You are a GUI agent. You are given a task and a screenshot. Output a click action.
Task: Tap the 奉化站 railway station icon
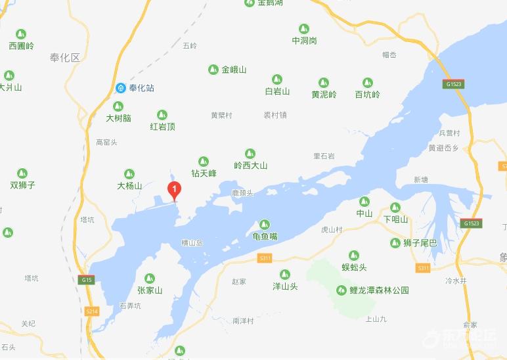click(121, 88)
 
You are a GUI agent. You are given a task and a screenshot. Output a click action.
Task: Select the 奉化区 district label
click(64, 58)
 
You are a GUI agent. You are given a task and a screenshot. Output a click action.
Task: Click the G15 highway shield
click(87, 280)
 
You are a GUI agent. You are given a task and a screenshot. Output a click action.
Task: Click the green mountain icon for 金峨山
click(213, 70)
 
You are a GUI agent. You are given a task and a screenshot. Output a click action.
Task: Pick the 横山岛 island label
click(192, 243)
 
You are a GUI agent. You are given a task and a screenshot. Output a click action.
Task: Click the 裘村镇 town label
click(275, 115)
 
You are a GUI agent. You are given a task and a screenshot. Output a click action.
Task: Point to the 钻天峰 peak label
click(204, 173)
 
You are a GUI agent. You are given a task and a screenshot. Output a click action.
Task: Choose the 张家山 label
click(149, 290)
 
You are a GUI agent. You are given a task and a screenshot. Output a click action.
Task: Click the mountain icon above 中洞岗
click(303, 29)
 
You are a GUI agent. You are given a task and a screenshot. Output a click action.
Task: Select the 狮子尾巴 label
click(420, 243)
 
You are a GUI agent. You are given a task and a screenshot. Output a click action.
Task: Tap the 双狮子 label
click(23, 185)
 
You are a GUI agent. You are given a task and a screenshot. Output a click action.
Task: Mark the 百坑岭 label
click(367, 95)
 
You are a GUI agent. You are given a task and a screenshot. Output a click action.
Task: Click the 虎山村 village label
click(332, 230)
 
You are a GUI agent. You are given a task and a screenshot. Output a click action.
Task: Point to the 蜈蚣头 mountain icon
click(354, 256)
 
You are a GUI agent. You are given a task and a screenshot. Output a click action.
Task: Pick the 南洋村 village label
click(243, 321)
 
